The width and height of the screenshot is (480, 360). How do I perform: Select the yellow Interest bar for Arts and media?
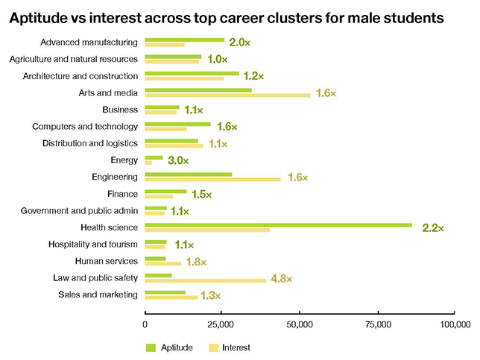[227, 95]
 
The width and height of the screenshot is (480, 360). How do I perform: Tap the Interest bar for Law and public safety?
[206, 280]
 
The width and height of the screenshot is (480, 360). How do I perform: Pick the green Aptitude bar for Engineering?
[189, 174]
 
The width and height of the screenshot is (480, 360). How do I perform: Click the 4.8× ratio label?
[281, 278]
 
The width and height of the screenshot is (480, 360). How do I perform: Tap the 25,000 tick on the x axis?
[222, 325]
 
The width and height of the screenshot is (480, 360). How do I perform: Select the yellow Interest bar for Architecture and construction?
[184, 78]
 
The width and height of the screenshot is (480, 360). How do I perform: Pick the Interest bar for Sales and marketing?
[171, 297]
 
